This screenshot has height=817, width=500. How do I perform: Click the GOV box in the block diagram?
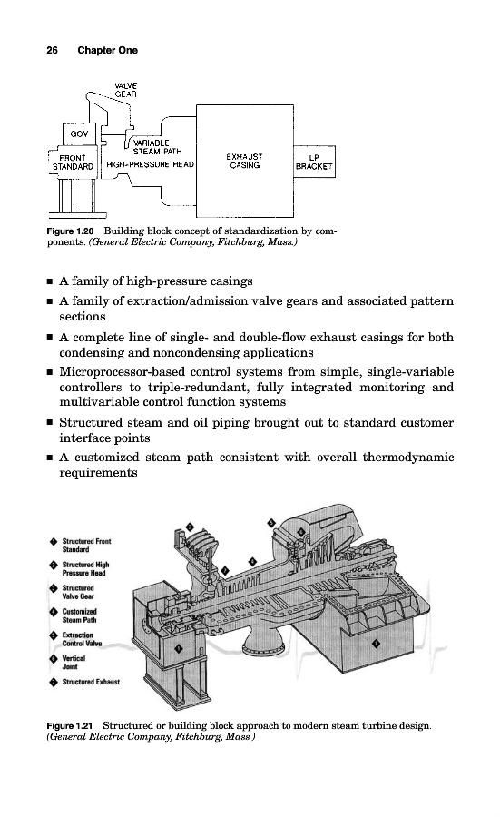(79, 133)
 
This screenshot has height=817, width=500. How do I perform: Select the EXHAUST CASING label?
(244, 161)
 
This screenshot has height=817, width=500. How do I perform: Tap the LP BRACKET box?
(314, 162)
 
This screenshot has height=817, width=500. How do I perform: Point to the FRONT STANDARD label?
(73, 162)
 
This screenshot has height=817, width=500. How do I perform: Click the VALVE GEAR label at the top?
(125, 90)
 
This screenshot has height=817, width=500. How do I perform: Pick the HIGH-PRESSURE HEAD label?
(150, 164)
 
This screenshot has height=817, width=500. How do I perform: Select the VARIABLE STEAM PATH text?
(157, 147)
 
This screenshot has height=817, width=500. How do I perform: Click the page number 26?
(52, 50)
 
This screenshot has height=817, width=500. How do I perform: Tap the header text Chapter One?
(108, 50)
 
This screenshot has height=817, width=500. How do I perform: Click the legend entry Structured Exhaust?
(91, 682)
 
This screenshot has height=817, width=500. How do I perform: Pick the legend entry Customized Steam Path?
(79, 615)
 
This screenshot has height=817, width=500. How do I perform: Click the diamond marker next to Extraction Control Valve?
(54, 635)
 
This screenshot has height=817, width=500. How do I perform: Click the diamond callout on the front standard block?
(179, 648)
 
